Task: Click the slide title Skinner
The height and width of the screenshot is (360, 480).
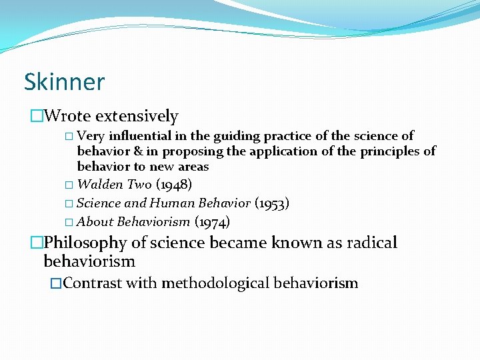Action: pyautogui.click(x=64, y=82)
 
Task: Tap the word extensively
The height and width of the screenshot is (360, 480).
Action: pyautogui.click(x=137, y=117)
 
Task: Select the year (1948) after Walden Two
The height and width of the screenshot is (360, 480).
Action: pyautogui.click(x=173, y=185)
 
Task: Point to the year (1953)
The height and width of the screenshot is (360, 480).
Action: pyautogui.click(x=272, y=203)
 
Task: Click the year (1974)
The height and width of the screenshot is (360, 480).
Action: pyautogui.click(x=212, y=222)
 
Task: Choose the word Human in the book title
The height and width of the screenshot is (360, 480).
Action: pyautogui.click(x=172, y=203)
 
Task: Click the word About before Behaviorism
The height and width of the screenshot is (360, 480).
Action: pyautogui.click(x=95, y=222)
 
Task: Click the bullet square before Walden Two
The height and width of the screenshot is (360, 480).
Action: pyautogui.click(x=69, y=185)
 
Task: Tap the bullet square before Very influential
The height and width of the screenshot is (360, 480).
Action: pyautogui.click(x=69, y=137)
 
